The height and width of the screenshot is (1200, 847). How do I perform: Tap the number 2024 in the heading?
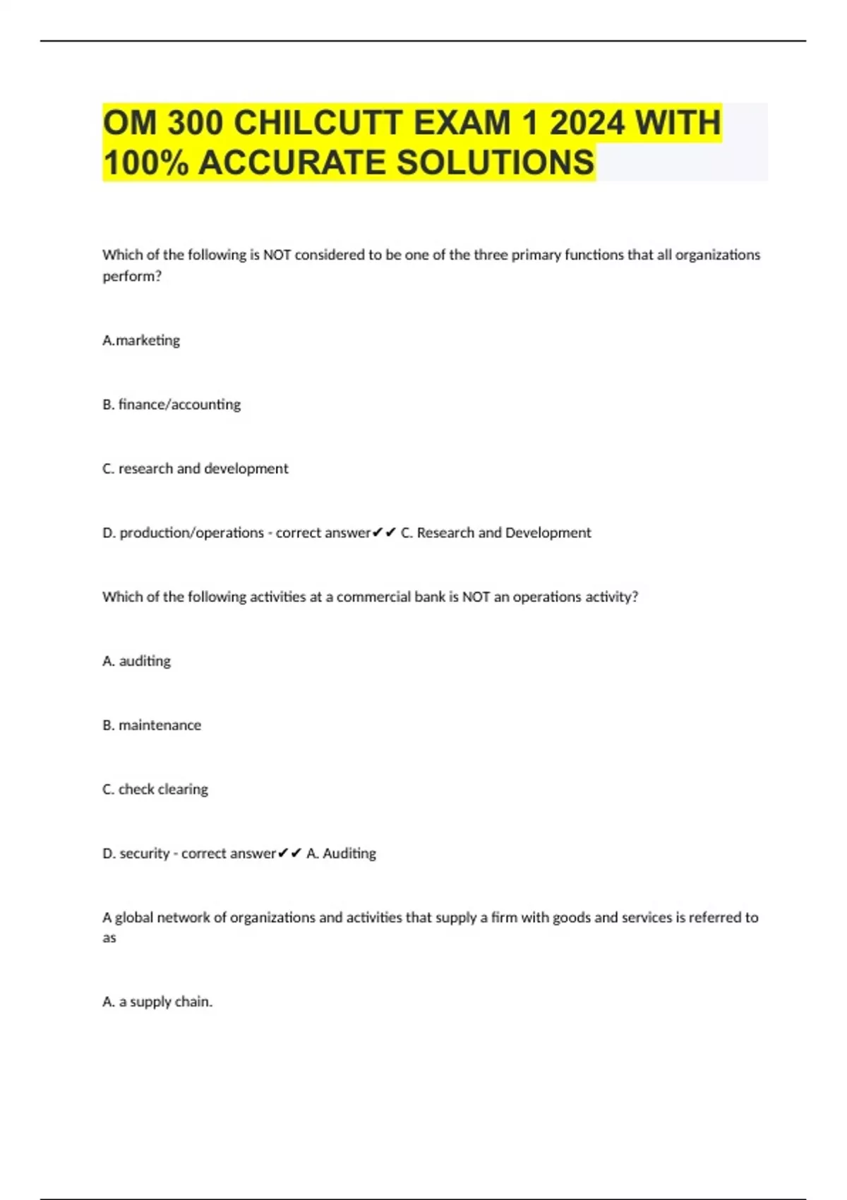tap(587, 123)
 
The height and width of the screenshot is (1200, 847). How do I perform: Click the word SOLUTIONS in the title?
tap(495, 162)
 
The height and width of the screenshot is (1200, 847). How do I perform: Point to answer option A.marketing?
tap(141, 340)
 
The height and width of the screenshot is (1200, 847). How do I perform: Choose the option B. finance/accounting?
tap(172, 404)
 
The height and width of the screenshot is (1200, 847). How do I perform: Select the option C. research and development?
tap(196, 469)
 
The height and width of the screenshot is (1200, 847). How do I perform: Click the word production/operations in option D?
tap(191, 533)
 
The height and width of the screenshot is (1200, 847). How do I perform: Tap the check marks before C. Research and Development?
tap(385, 533)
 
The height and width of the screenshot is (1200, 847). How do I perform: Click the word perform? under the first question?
tap(132, 276)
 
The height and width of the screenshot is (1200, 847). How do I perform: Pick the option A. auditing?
tap(137, 661)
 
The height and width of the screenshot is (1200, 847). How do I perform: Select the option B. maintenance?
tap(152, 726)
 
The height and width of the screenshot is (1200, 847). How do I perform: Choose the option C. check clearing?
tap(155, 790)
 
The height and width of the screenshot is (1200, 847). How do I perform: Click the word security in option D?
tap(145, 854)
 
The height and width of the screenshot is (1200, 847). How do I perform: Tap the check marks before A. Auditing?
tap(290, 854)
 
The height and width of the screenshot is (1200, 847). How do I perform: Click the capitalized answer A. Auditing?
tap(342, 854)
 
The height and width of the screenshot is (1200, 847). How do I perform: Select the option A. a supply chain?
tap(157, 1002)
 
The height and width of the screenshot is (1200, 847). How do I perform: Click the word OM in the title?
tap(130, 123)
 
